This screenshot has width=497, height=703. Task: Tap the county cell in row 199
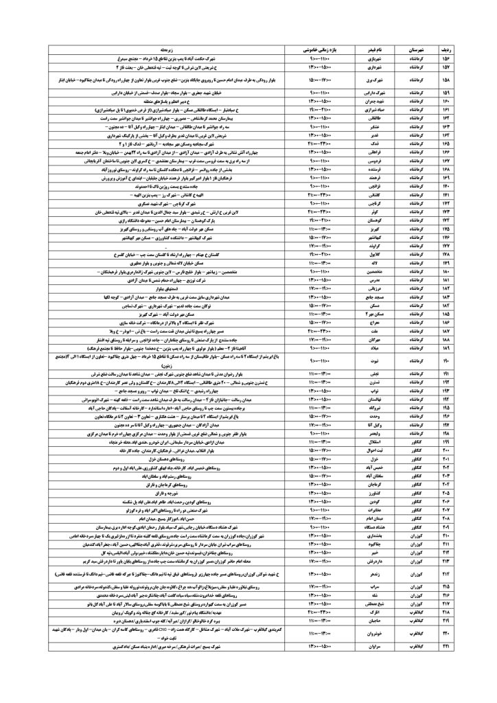tap(427, 439)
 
